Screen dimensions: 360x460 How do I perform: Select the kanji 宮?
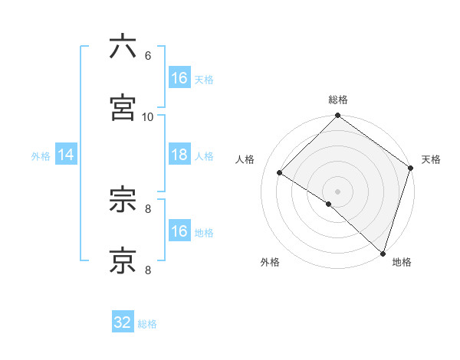[x=123, y=107]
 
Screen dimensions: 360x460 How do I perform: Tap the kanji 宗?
[x=123, y=199]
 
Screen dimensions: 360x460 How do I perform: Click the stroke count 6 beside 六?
[x=147, y=56]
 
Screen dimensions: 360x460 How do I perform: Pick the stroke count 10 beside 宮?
[x=148, y=117]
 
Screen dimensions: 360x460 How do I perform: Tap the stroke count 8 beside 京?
[x=147, y=270]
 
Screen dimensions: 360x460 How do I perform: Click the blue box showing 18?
[x=179, y=155]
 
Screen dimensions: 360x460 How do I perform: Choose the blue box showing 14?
[x=66, y=155]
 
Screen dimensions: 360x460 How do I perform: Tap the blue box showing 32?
[x=123, y=323]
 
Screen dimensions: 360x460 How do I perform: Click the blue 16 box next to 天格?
[x=179, y=78]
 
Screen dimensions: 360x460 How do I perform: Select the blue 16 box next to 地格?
[x=179, y=231]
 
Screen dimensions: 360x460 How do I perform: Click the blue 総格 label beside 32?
[x=147, y=324]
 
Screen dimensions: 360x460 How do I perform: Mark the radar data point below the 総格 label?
[x=337, y=116]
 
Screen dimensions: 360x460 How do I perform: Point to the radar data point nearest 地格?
[x=383, y=253]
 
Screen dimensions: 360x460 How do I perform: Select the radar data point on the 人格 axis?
[x=280, y=173]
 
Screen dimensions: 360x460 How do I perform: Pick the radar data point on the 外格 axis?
[x=328, y=204]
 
